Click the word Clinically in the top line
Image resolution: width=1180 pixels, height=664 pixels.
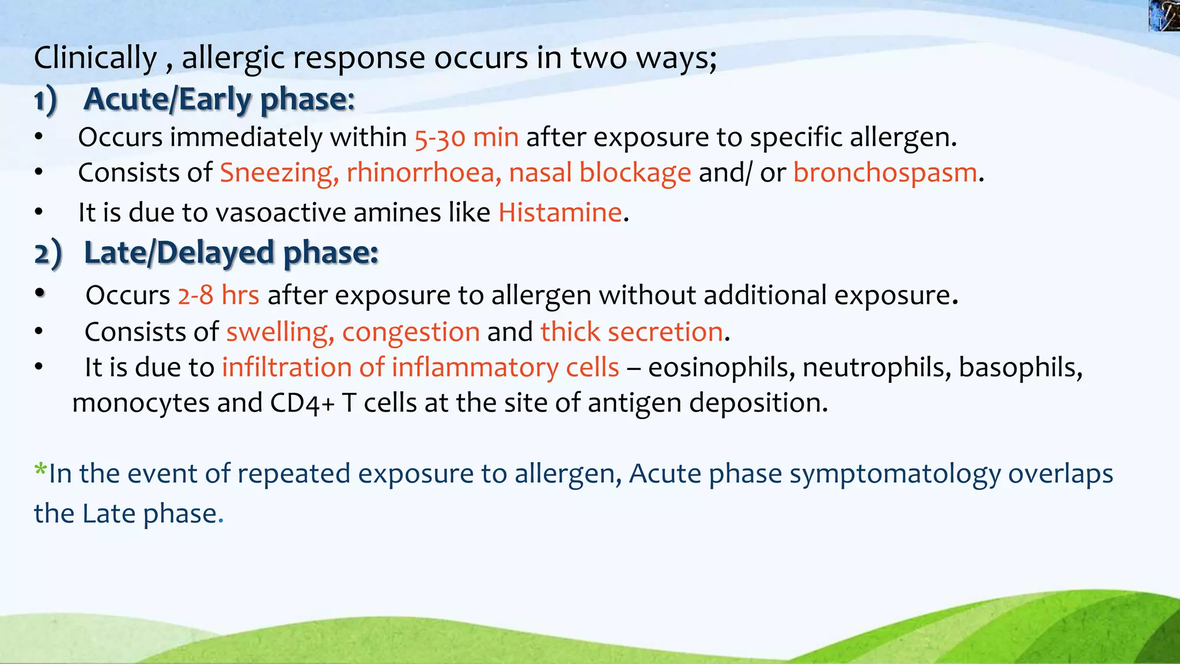pos(95,58)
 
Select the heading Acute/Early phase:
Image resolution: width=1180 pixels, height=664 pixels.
pos(219,99)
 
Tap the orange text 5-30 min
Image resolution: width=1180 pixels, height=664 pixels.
pos(466,138)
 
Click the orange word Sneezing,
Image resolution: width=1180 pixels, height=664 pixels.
pos(279,173)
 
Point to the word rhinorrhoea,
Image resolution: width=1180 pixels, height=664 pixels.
pos(423,173)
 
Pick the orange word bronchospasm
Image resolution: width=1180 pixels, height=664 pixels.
pos(885,173)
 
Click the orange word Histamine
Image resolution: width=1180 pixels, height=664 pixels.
pos(560,213)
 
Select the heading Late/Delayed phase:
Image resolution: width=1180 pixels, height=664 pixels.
pos(230,253)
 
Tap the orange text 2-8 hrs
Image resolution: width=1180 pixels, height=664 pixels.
pos(218,295)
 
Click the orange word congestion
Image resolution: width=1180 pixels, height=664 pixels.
pos(411,332)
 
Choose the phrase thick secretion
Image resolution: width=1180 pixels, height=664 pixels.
pos(631,332)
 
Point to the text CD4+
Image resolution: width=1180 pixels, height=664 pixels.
pos(302,403)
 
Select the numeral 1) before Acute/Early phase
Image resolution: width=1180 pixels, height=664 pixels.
pos(46,101)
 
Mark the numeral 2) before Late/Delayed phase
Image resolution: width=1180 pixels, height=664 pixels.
pos(47,254)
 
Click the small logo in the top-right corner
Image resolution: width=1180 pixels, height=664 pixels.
pos(1164,16)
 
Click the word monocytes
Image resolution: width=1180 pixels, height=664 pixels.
pos(141,403)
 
